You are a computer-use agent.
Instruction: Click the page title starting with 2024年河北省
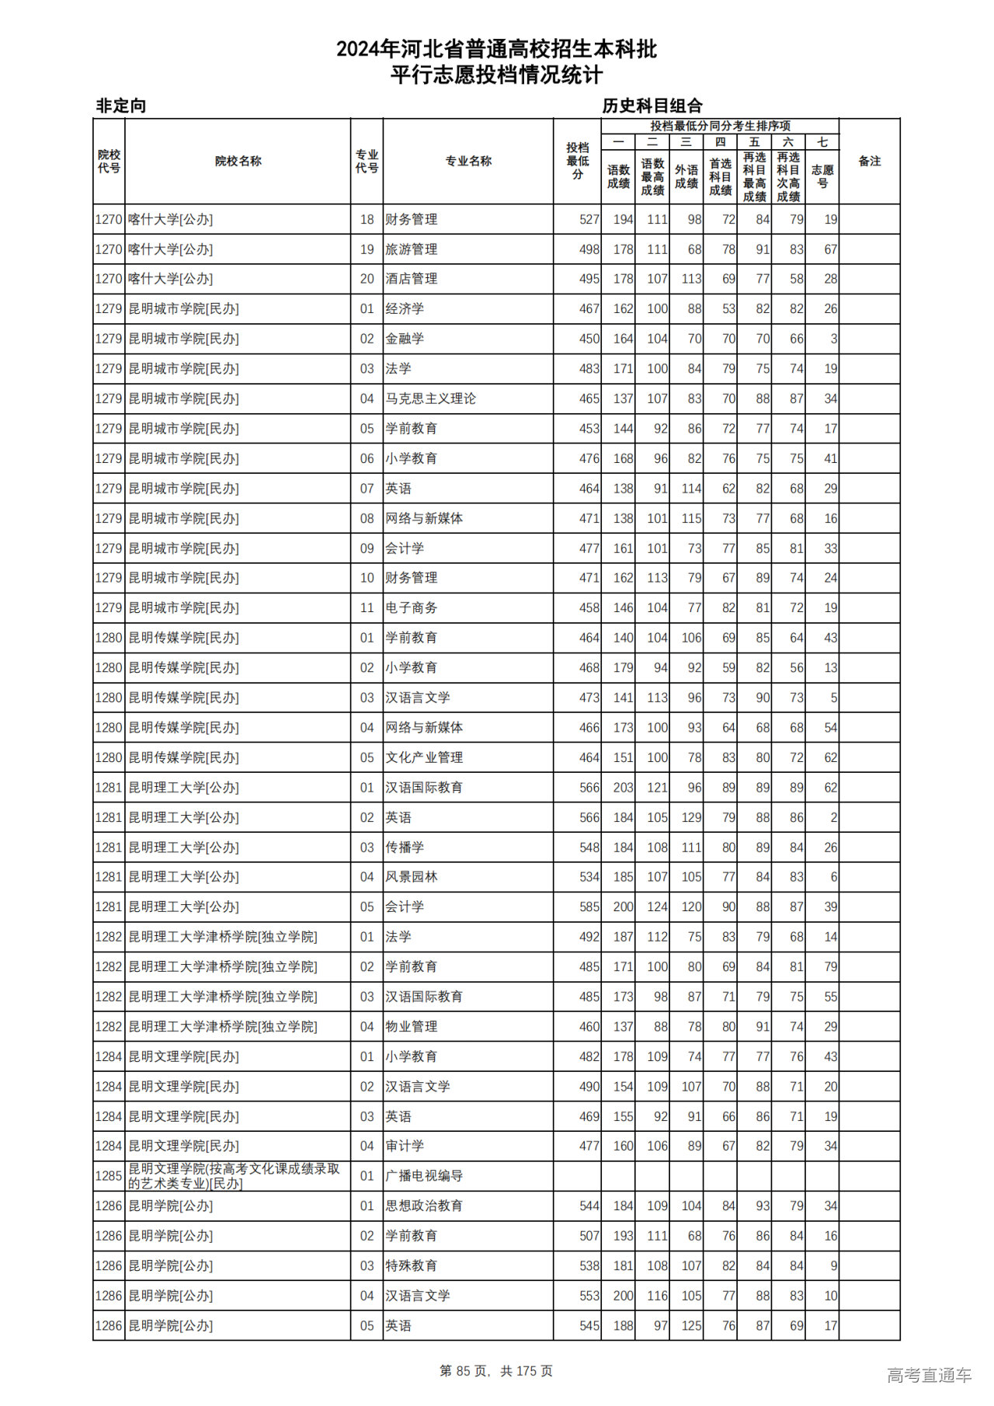point(496,50)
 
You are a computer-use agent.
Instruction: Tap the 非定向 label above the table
point(120,106)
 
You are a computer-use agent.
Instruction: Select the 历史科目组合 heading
point(652,106)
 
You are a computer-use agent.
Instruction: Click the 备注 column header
point(869,162)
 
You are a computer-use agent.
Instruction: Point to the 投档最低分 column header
point(577,162)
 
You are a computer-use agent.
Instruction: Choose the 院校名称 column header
point(238,162)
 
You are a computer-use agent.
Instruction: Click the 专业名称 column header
point(467,162)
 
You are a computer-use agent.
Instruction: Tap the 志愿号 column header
point(822,176)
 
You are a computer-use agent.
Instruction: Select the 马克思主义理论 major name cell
point(430,399)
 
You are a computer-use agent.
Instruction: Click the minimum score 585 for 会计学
point(589,907)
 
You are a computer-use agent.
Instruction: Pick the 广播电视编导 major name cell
point(424,1176)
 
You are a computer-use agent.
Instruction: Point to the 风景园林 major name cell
point(412,877)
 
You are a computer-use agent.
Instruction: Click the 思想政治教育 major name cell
point(424,1206)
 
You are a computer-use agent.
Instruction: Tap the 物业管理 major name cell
point(412,1027)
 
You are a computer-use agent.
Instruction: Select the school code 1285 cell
point(109,1176)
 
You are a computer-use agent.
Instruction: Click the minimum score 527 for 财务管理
point(589,220)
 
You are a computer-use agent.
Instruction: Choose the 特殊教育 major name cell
point(412,1266)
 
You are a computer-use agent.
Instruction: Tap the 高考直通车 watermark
point(929,1375)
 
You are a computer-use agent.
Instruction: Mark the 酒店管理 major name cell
point(412,279)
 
